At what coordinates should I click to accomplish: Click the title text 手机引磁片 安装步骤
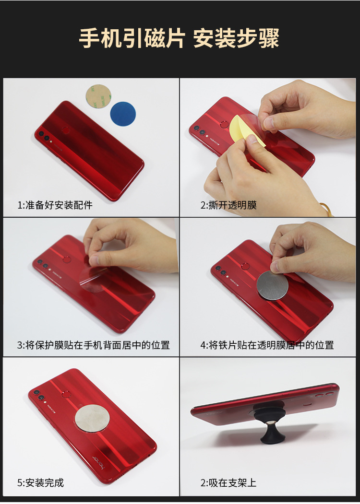pos(179,38)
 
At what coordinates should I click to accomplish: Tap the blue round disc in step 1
pos(123,114)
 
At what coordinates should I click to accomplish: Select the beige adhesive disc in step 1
pos(98,96)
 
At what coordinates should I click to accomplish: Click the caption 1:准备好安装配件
pos(55,205)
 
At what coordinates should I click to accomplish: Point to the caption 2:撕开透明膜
pos(228,205)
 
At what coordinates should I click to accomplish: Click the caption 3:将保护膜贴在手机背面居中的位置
pos(93,345)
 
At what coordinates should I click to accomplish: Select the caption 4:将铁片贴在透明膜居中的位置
pos(267,345)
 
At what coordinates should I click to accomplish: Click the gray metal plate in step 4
pos(273,285)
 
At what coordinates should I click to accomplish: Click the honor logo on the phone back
pos(99,463)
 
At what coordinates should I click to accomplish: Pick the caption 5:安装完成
pos(40,482)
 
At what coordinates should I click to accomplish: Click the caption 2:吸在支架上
pos(228,482)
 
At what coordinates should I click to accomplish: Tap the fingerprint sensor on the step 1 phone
pos(67,130)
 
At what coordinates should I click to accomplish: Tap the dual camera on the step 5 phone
pos(39,395)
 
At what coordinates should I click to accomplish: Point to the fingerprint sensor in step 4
pos(245,266)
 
